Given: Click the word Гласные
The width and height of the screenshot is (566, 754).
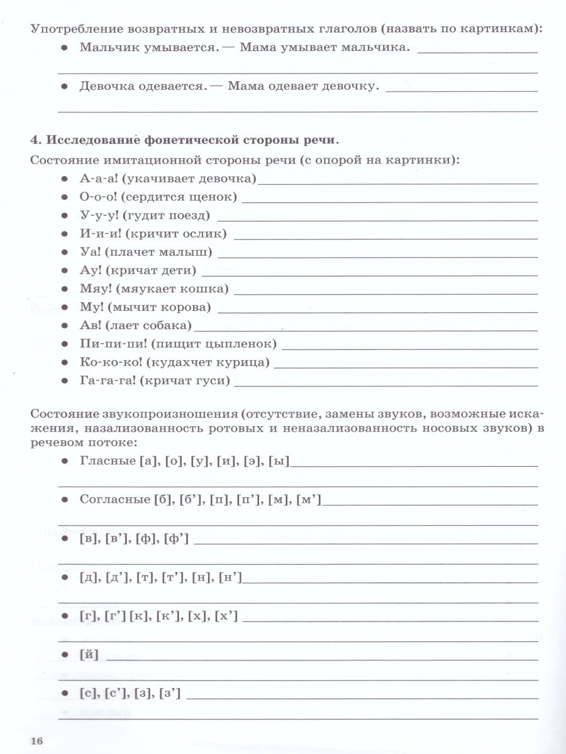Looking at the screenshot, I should tap(106, 461).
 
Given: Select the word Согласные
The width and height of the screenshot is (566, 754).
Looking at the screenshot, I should tap(114, 500).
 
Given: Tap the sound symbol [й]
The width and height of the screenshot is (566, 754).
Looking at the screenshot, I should tap(89, 655).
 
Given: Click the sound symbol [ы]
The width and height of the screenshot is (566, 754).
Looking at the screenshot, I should tap(278, 461).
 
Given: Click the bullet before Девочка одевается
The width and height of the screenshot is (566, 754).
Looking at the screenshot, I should tap(64, 86).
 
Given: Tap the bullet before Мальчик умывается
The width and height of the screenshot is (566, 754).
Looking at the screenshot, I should tap(64, 48).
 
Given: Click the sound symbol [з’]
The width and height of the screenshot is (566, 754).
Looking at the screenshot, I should tap(170, 693).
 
